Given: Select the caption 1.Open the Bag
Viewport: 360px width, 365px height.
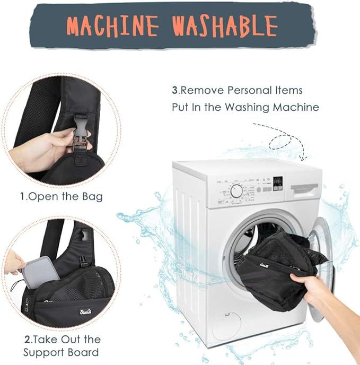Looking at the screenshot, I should (62, 197).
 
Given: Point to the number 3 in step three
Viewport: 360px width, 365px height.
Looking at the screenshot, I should (174, 90).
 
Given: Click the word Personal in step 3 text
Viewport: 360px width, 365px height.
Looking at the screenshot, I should (252, 90).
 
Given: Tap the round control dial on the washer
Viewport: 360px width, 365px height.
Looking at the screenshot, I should (236, 190).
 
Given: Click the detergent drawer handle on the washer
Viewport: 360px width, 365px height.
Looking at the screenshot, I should (303, 188).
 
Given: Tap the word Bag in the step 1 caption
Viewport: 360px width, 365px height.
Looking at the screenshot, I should (94, 197).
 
